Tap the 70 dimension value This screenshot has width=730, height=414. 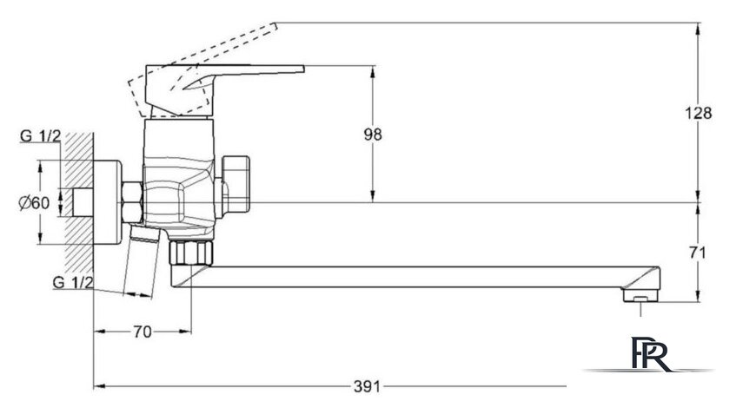coord(143,332)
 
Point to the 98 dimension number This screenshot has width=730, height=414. coord(373,134)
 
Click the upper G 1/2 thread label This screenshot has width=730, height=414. coord(40,135)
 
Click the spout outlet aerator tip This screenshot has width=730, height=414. coord(640,297)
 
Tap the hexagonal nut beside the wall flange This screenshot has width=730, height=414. coord(132,202)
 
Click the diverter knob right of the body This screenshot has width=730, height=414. coord(236,183)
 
